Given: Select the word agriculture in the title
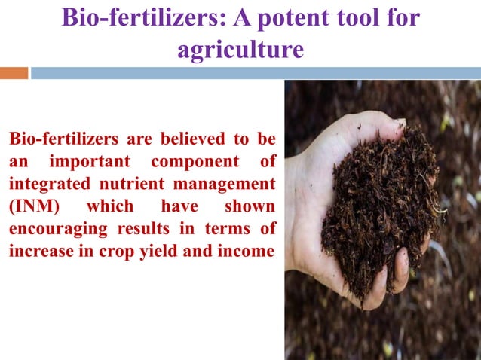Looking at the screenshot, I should pos(240,50).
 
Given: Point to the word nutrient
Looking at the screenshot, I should pos(122,184).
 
